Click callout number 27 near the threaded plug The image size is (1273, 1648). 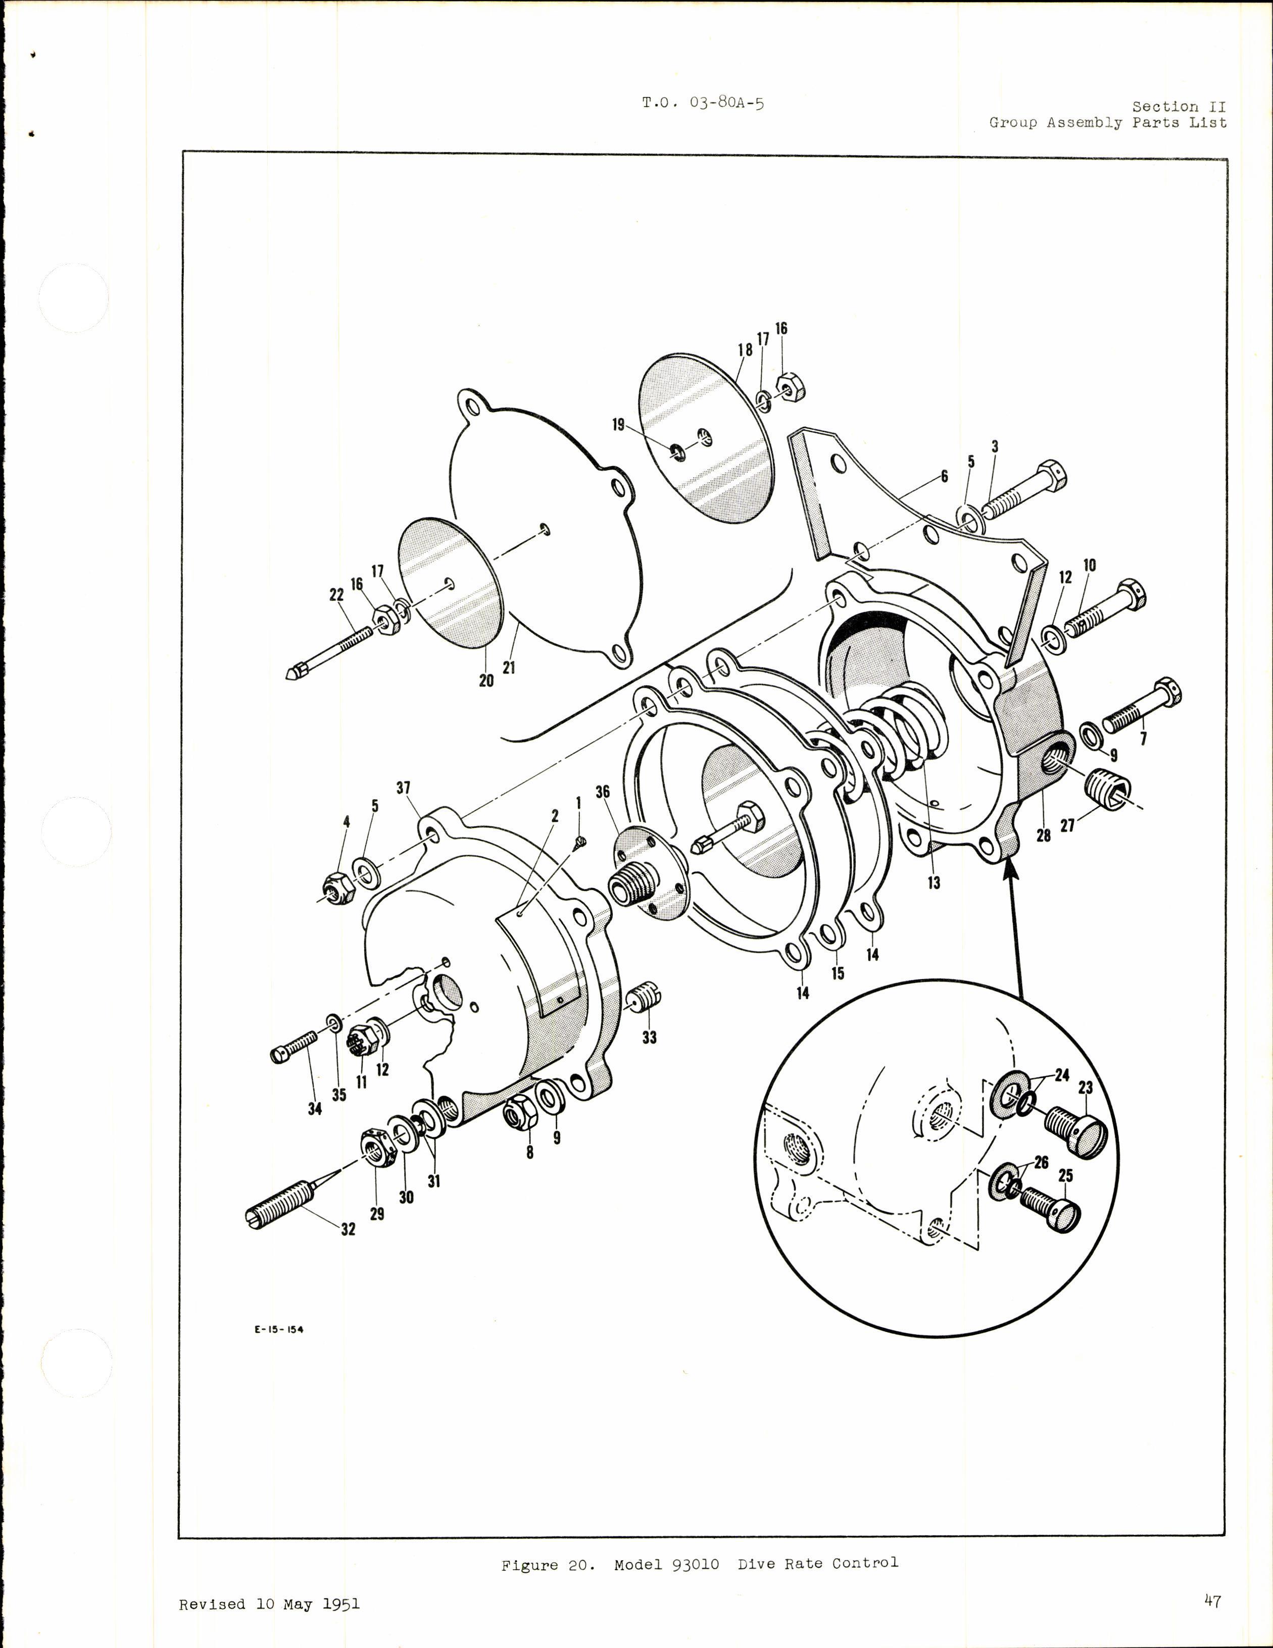click(1067, 826)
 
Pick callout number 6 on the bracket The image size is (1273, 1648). click(944, 477)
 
